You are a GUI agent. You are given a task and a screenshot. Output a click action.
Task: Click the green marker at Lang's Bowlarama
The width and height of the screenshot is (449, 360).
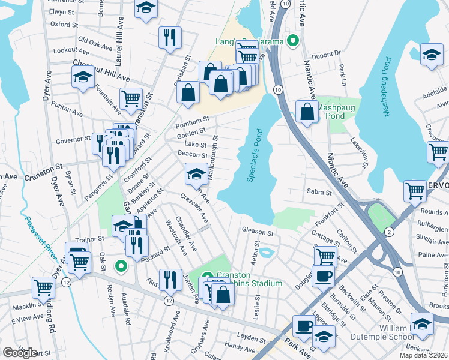293,41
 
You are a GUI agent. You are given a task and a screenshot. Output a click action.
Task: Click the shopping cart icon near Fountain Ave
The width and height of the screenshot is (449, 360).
131,98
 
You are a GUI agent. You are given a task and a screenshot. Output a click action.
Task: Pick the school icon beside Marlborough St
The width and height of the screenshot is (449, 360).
196,174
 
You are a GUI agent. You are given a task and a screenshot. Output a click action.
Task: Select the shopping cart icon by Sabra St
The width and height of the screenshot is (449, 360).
415,191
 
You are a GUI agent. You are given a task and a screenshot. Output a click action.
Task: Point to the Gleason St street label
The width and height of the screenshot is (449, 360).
258,230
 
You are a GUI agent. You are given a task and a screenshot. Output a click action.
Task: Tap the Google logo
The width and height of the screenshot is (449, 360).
20,353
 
